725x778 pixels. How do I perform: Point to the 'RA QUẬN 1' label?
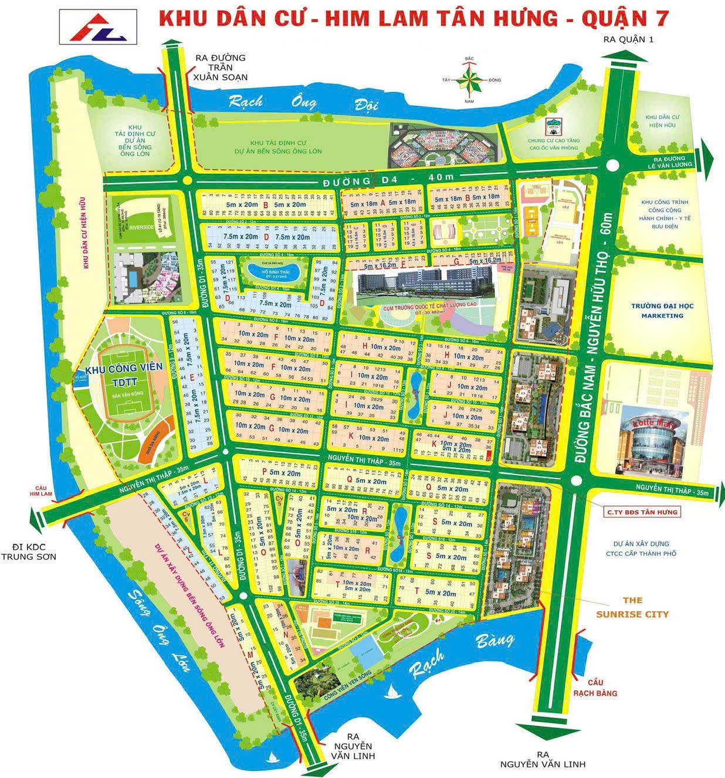coord(627,39)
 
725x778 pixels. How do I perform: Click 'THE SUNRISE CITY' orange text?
coord(632,607)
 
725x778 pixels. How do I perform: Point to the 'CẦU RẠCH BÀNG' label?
coord(595,688)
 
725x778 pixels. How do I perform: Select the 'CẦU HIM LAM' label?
coord(43,490)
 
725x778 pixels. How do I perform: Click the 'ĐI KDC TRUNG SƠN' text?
coord(29,550)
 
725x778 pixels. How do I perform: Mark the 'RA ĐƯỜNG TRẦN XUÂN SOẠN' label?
coord(221,68)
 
